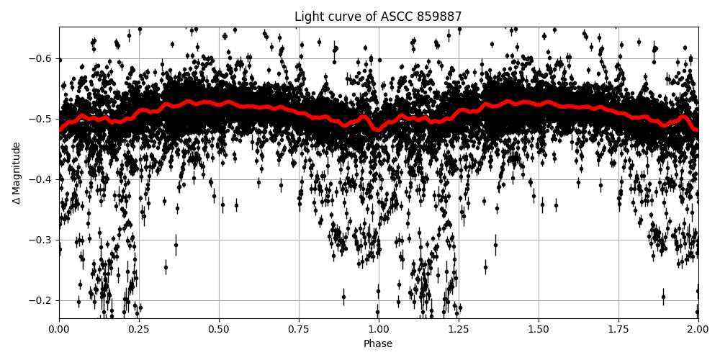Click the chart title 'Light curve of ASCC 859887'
click(x=378, y=17)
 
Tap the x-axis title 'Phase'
click(x=378, y=344)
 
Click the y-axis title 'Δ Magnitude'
click(x=17, y=173)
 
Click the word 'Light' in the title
click(x=308, y=17)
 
